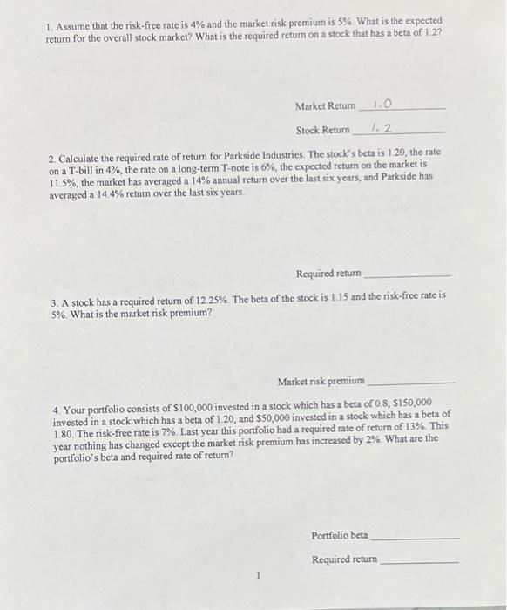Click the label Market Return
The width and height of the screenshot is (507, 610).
click(x=326, y=106)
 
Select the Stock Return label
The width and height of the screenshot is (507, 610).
click(x=322, y=131)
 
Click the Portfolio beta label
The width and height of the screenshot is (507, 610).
click(x=340, y=535)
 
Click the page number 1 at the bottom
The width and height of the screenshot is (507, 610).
click(x=259, y=576)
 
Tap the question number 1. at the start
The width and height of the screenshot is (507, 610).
click(x=50, y=20)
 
